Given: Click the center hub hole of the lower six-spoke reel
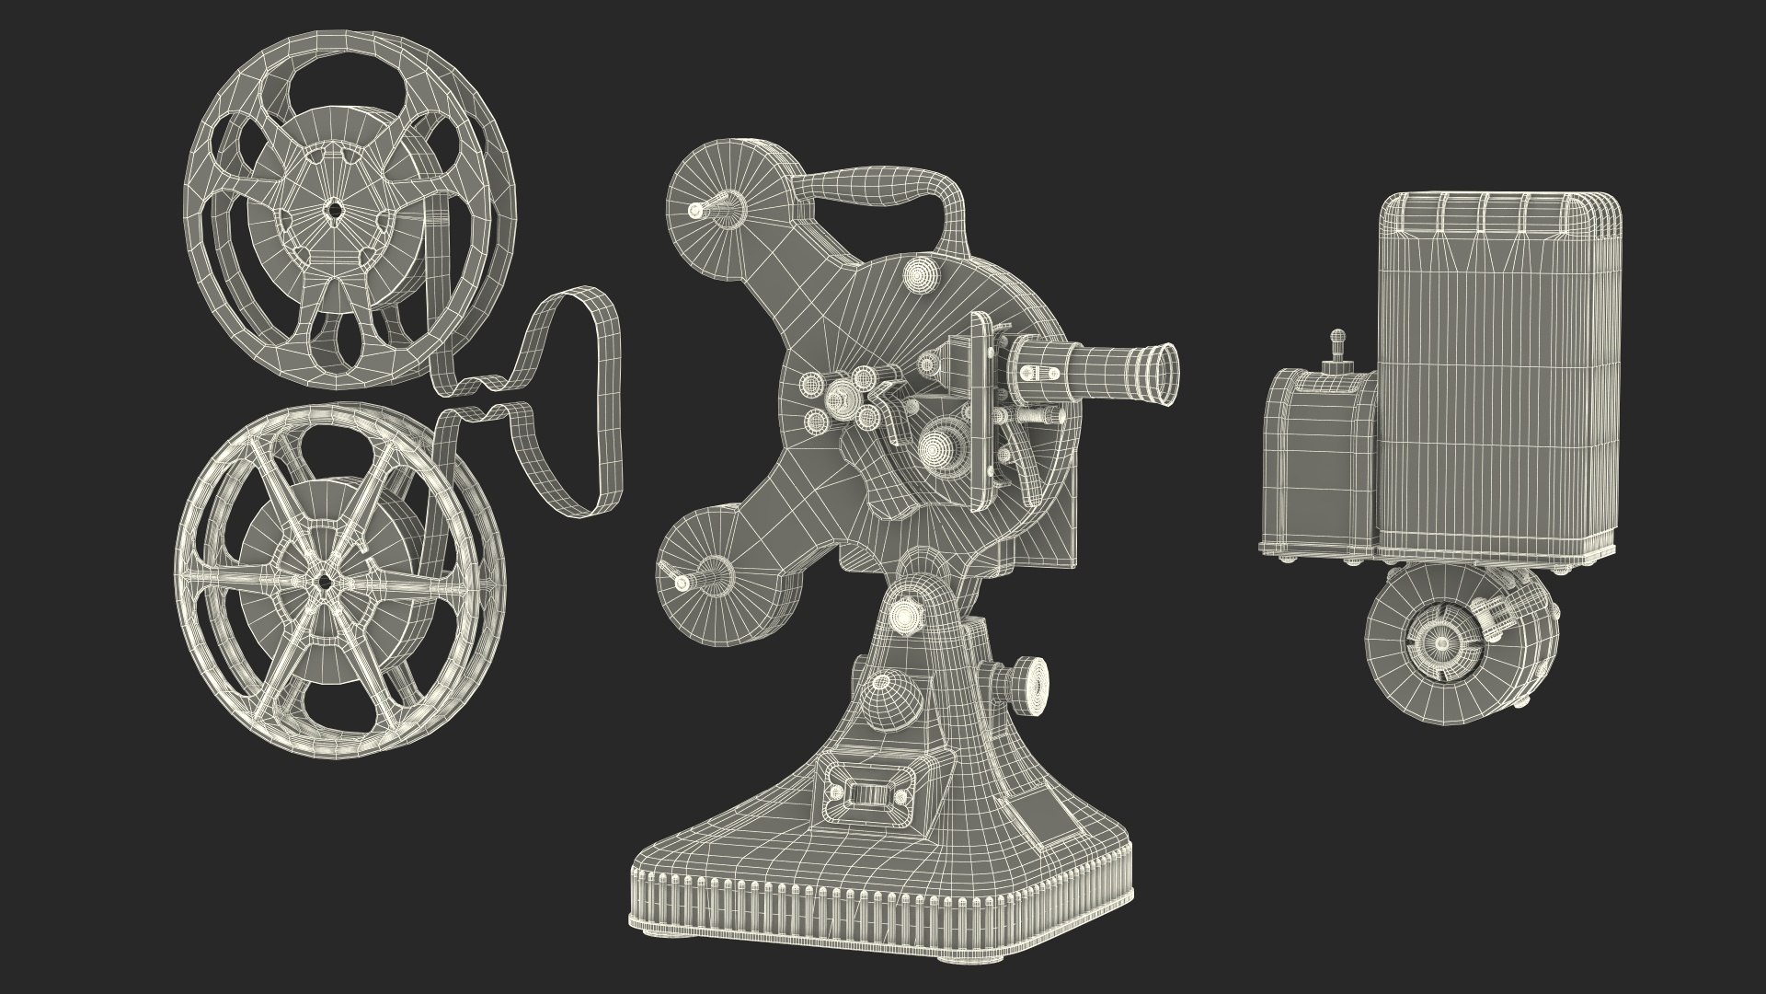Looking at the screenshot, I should pos(325,581).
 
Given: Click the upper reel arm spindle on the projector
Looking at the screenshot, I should pos(696,211).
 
